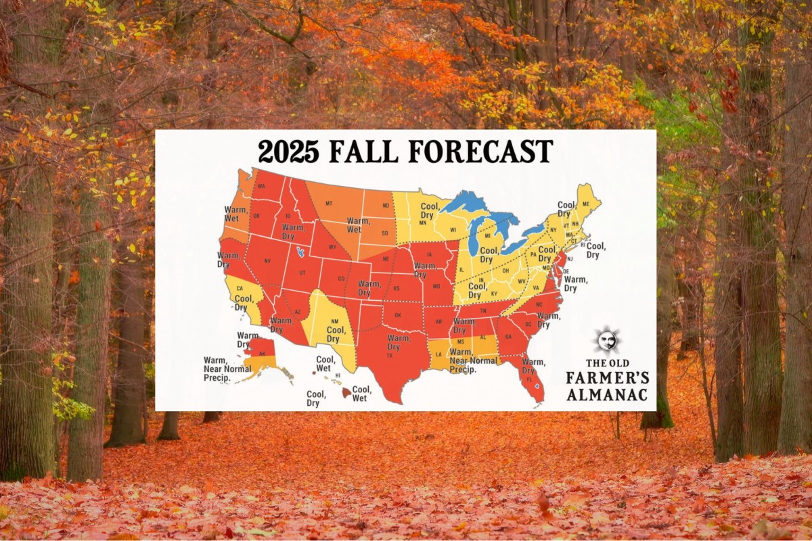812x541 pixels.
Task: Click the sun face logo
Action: tap(607, 340)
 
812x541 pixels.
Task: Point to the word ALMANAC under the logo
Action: tap(606, 394)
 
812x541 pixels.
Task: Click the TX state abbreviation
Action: tap(389, 356)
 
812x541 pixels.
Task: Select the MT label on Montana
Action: tap(330, 203)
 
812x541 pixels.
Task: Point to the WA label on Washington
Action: tap(261, 187)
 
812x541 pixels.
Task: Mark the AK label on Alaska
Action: tap(261, 353)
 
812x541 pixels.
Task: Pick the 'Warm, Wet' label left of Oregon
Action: tap(235, 214)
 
